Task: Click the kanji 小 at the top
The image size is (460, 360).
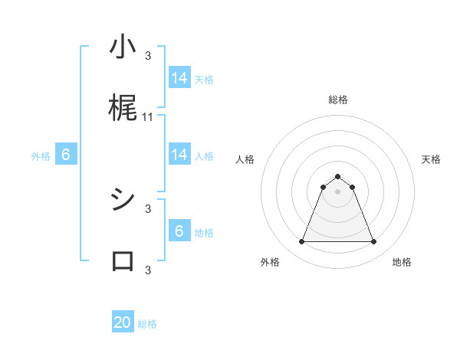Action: click(x=123, y=48)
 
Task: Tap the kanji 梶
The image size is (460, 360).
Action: click(x=123, y=110)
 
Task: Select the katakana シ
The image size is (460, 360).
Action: click(x=123, y=201)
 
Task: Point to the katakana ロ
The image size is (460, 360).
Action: click(x=123, y=261)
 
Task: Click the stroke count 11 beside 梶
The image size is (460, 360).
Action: click(x=148, y=117)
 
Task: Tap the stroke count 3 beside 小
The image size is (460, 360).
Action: click(x=148, y=55)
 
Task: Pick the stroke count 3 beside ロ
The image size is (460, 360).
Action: click(x=148, y=269)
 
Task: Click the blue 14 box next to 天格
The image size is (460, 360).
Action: click(x=179, y=78)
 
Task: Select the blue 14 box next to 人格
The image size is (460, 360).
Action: click(x=179, y=155)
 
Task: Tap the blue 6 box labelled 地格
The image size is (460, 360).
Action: click(x=179, y=231)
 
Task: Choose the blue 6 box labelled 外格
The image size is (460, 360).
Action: click(x=66, y=155)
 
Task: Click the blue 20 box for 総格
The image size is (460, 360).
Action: click(x=123, y=322)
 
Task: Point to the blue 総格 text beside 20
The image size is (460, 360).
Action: click(x=147, y=324)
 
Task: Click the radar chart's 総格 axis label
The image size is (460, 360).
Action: click(x=337, y=100)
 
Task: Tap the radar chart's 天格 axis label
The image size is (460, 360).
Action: click(x=431, y=159)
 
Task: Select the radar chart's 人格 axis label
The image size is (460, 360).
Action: click(x=245, y=159)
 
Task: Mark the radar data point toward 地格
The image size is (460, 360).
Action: click(x=374, y=242)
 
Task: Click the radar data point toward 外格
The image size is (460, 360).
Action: click(x=301, y=242)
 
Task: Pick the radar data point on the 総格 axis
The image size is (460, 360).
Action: click(x=337, y=176)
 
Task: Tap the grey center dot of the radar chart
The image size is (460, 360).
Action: click(x=337, y=191)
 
